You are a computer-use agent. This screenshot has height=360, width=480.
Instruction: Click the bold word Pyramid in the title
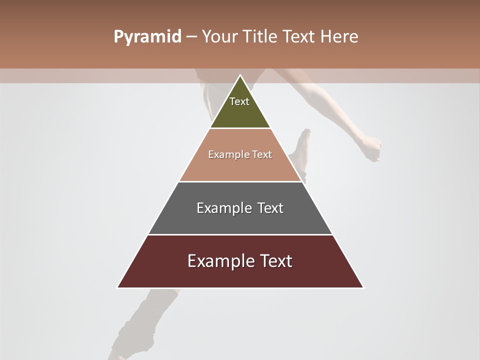pyautogui.click(x=147, y=37)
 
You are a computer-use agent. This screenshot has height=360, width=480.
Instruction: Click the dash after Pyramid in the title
pyautogui.click(x=191, y=37)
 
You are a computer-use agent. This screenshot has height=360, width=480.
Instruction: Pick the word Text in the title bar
pyautogui.click(x=299, y=37)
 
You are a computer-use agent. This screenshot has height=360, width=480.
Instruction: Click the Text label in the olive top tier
pyautogui.click(x=239, y=101)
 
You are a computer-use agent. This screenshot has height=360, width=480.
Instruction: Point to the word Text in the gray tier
pyautogui.click(x=270, y=208)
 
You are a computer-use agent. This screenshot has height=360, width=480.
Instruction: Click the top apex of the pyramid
pyautogui.click(x=240, y=75)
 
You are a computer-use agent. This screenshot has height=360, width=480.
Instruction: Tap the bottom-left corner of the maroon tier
pyautogui.click(x=118, y=287)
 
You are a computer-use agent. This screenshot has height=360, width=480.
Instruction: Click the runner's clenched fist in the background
pyautogui.click(x=371, y=148)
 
